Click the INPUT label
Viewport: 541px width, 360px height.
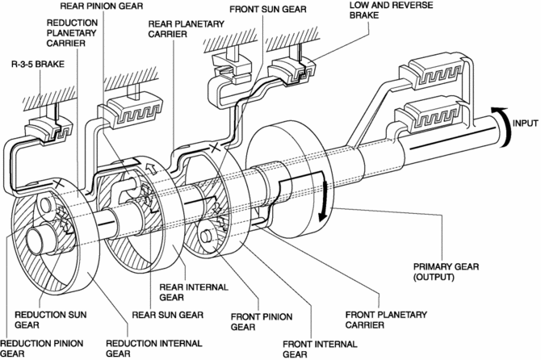[525, 123]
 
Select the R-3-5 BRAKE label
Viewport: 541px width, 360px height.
[38, 64]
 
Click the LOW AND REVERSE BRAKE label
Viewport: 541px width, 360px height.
[391, 10]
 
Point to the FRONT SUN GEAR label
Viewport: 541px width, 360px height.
[268, 9]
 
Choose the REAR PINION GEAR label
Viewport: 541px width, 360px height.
[102, 6]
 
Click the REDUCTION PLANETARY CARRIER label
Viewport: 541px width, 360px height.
[71, 33]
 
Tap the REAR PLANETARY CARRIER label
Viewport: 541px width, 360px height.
[187, 29]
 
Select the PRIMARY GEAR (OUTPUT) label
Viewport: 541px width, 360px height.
[446, 272]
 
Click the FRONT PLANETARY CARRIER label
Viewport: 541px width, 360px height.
[386, 320]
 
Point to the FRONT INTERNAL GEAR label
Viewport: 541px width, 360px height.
[320, 349]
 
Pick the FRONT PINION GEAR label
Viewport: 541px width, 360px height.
[262, 322]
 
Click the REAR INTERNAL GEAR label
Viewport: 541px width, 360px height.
[194, 292]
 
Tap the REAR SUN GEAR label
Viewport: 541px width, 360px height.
[168, 315]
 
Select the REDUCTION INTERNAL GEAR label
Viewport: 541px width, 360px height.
[154, 348]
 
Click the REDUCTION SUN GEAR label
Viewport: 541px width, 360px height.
[50, 320]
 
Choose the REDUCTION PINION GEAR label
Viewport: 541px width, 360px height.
[41, 348]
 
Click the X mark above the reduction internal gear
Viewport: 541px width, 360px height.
[58, 184]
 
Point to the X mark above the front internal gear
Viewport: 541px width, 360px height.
[215, 149]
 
